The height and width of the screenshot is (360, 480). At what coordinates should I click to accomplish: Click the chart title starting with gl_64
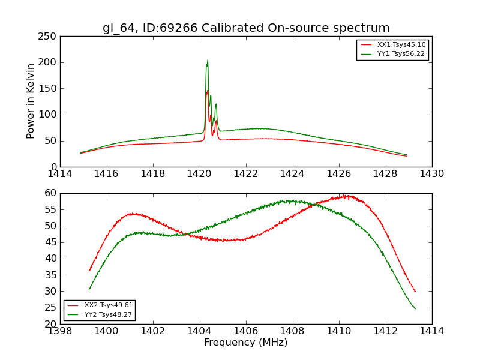coord(246,28)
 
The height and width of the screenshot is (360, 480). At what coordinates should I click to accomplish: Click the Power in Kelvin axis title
coord(31,101)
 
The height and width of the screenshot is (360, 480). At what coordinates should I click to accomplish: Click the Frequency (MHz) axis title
coord(246,343)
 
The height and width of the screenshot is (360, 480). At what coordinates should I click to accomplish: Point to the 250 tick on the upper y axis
coord(49,37)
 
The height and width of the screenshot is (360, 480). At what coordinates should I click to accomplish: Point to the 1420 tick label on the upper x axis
coord(199,174)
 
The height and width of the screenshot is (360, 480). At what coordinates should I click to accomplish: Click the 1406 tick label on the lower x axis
coord(246,331)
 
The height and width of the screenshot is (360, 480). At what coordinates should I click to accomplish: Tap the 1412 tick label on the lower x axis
coord(385,331)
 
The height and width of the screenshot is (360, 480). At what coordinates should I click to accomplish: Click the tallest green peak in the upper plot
coord(208,61)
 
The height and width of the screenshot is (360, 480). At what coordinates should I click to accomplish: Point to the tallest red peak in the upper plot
coord(208,91)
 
